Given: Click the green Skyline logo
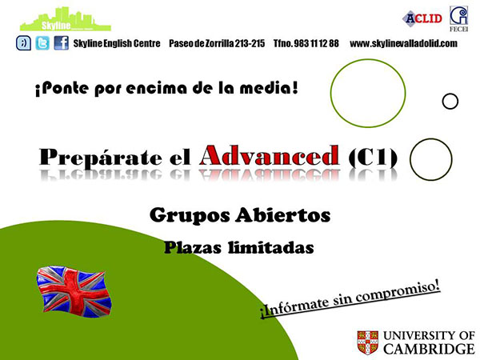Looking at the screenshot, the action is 66,20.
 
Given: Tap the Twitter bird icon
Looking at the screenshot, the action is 42,43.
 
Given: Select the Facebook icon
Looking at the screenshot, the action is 62,43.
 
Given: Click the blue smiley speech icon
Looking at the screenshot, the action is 23,43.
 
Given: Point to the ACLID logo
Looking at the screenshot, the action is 422,18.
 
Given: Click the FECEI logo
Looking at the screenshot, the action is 458,18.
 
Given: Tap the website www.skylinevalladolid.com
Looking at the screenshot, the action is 403,43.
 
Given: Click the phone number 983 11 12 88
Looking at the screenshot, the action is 317,43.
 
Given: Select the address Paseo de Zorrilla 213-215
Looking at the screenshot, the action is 217,43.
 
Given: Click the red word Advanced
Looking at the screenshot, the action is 270,155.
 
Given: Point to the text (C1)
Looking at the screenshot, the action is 373,158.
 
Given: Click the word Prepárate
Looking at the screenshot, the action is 101,158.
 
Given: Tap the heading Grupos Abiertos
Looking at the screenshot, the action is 240,215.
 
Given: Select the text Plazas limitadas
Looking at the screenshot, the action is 238,247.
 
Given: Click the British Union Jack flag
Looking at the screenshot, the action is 74,291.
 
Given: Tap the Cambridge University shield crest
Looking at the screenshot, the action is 368,342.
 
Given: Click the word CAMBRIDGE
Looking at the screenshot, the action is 429,349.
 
